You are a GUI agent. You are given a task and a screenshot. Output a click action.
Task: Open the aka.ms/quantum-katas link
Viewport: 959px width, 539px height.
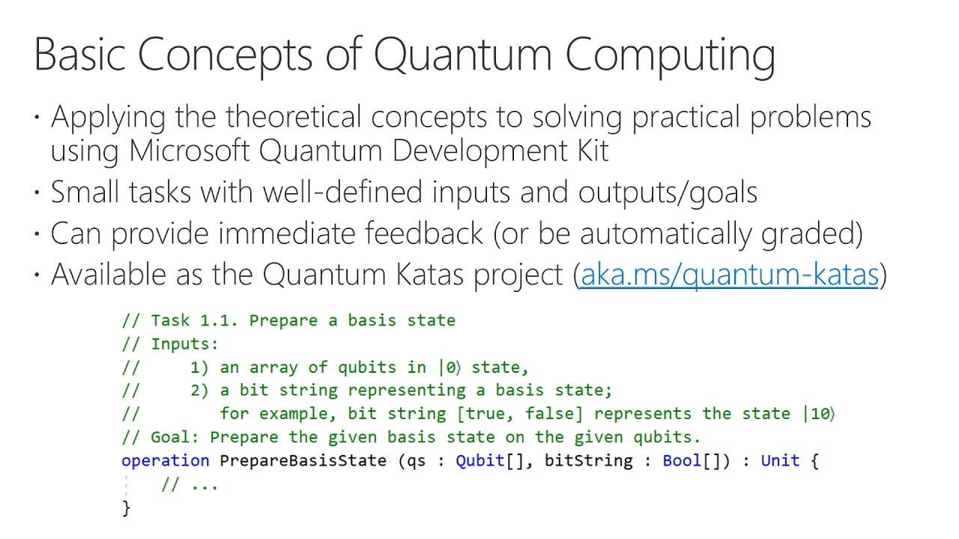pos(729,275)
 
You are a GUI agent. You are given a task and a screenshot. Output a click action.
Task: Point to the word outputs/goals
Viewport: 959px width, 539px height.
pos(668,192)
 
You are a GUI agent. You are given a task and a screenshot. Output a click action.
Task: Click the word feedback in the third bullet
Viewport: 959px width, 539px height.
pos(424,234)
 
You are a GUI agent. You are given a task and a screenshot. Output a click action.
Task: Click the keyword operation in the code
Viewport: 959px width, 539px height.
pos(165,460)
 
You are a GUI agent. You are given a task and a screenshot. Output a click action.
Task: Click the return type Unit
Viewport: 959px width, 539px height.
pos(780,460)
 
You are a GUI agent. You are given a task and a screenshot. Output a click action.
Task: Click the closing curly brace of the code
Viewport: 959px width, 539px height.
pos(126,508)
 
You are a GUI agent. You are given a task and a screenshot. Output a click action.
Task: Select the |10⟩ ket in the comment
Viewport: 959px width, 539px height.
pos(819,413)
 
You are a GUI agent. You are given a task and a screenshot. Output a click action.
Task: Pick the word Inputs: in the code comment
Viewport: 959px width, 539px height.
pos(184,344)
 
